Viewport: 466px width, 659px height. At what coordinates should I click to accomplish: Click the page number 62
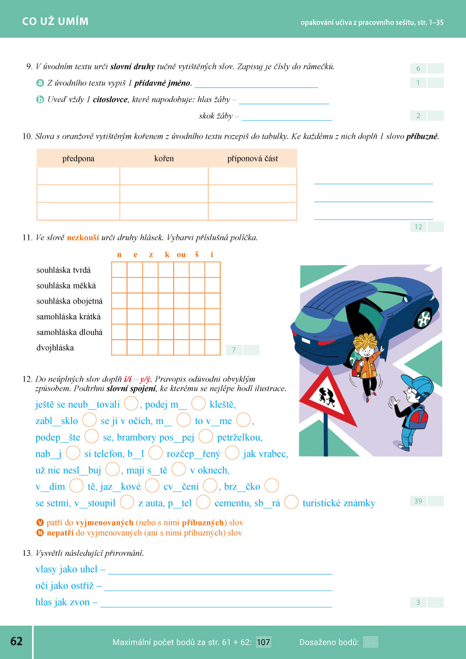(16, 642)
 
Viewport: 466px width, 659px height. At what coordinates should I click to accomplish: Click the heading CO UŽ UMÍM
(55, 22)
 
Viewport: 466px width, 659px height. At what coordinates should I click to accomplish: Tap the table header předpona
(78, 158)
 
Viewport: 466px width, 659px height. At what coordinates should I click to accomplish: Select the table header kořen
(164, 158)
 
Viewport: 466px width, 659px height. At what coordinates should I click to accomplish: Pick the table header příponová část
(252, 158)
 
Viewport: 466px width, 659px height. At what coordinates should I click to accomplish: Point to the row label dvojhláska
(55, 348)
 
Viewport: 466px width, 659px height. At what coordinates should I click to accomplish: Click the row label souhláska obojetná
(69, 301)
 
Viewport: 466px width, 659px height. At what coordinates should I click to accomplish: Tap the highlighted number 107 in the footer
(263, 642)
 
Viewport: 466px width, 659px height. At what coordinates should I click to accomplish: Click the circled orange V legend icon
(40, 523)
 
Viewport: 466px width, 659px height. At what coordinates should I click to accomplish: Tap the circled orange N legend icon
(40, 533)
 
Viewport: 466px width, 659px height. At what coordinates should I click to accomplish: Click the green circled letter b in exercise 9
(40, 100)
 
